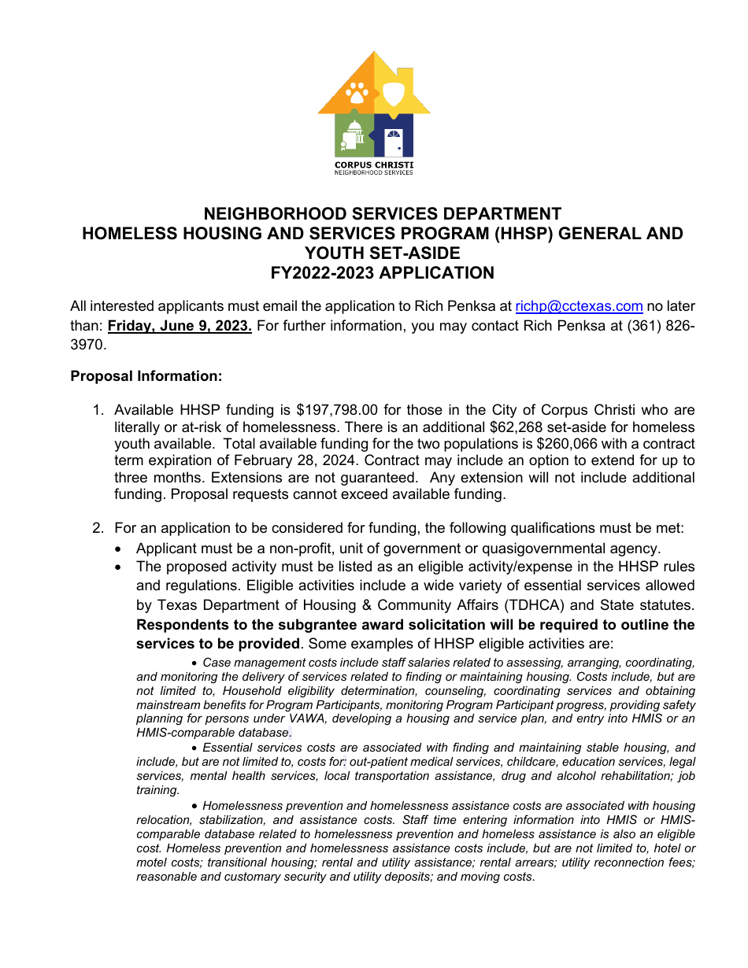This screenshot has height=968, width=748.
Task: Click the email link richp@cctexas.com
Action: (x=579, y=307)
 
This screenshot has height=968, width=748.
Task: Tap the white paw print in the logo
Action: (x=357, y=92)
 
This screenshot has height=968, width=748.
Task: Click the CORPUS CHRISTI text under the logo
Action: (x=374, y=164)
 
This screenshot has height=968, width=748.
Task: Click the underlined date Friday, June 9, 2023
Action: (x=180, y=327)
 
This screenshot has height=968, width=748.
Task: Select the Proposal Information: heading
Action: (x=146, y=377)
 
